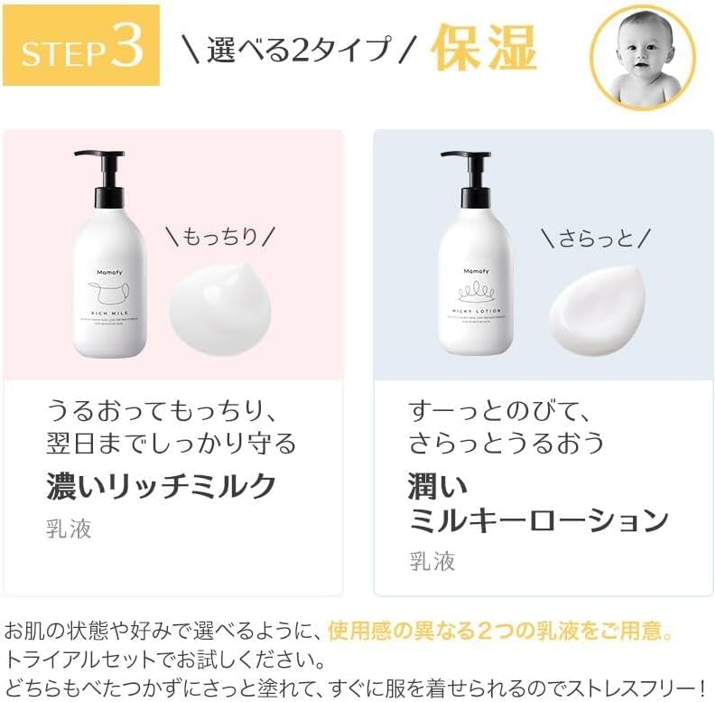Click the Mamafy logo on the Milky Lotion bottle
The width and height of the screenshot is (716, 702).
pyautogui.click(x=475, y=270)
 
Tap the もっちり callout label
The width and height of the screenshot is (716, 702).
pyautogui.click(x=219, y=237)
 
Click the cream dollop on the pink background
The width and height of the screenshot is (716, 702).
pyautogui.click(x=219, y=307)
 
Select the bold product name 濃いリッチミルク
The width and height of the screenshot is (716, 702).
pyautogui.click(x=162, y=486)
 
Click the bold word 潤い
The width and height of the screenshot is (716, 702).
pyautogui.click(x=438, y=487)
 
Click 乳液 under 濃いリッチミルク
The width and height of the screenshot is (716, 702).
pyautogui.click(x=69, y=529)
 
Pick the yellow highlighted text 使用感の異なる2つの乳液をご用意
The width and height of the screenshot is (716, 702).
pyautogui.click(x=501, y=628)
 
